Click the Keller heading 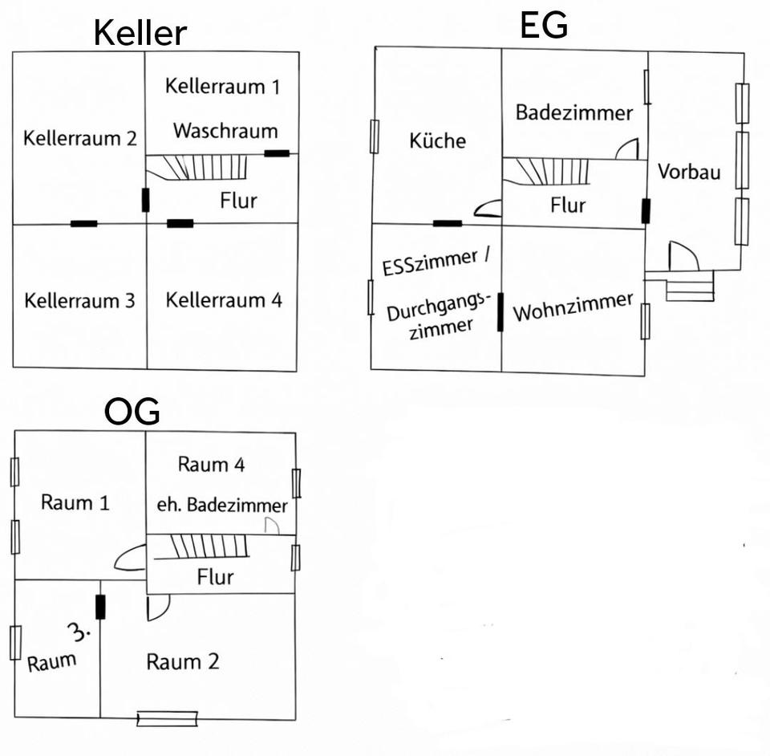coord(140,34)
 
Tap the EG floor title coord(544,25)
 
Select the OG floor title coord(132,412)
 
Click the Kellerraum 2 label coord(79,138)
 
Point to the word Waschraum coord(225,131)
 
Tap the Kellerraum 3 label coord(79,301)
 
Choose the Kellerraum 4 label coord(224,300)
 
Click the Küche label coord(437,140)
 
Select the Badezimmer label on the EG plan coord(573,112)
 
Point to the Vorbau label coord(689,171)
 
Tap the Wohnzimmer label coord(573,307)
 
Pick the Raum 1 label coord(75,503)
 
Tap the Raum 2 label coord(182,661)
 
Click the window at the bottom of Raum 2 coord(167,718)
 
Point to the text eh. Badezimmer coord(221,506)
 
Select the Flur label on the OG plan coord(215,577)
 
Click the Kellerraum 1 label coord(222,87)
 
